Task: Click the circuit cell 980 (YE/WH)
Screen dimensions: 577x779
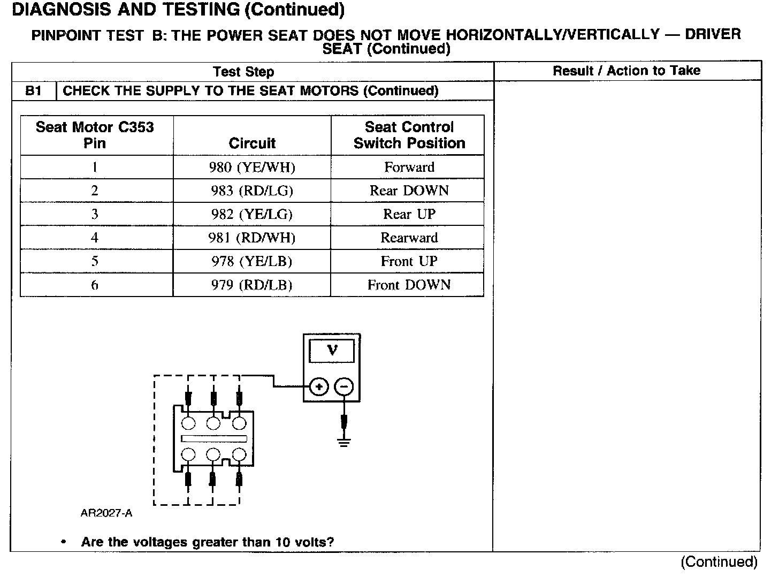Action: click(x=252, y=168)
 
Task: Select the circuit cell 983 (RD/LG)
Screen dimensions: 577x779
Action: click(x=252, y=191)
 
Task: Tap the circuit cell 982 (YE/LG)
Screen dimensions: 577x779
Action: click(x=252, y=215)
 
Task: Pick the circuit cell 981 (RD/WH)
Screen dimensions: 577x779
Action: click(x=252, y=238)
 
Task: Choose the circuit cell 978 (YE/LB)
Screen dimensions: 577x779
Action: click(x=252, y=262)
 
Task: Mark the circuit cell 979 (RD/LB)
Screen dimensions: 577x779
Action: click(x=252, y=285)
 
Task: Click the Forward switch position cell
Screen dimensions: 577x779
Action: click(x=409, y=168)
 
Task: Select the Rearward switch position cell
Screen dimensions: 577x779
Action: click(x=409, y=238)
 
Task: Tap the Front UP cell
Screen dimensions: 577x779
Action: click(x=409, y=262)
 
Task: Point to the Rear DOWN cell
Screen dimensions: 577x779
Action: click(x=409, y=191)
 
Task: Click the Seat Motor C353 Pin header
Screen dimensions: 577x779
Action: click(x=95, y=135)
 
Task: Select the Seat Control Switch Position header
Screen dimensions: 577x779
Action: click(x=409, y=135)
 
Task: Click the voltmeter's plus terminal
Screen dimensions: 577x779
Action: click(x=319, y=386)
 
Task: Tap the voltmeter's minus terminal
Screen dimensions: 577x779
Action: click(x=344, y=386)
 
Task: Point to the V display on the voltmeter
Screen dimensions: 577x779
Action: click(x=332, y=351)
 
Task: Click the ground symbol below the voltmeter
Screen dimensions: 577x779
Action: click(x=344, y=442)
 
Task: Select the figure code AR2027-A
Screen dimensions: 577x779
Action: click(x=106, y=514)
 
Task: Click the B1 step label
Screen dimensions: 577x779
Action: click(x=33, y=91)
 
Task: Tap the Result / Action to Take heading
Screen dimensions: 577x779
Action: click(x=627, y=71)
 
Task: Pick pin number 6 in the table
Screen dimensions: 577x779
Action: click(x=95, y=285)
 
